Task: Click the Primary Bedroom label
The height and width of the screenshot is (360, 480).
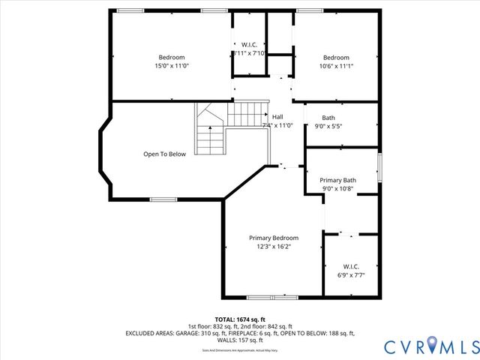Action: (x=273, y=238)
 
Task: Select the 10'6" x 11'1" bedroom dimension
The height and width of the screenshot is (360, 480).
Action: (x=336, y=67)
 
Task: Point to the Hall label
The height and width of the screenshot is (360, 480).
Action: (x=277, y=117)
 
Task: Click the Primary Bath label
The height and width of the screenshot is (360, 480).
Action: (x=337, y=180)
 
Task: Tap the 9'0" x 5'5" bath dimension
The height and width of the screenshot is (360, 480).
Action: (x=328, y=126)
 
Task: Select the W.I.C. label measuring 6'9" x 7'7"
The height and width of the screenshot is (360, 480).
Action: (x=351, y=266)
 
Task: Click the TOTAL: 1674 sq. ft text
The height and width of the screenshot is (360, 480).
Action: (x=240, y=319)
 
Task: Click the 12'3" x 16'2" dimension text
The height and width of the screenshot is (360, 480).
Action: (x=273, y=246)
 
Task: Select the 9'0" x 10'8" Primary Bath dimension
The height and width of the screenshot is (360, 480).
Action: (x=337, y=189)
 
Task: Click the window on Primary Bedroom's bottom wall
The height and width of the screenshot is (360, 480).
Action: (x=262, y=298)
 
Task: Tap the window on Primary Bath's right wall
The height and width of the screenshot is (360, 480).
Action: (x=379, y=167)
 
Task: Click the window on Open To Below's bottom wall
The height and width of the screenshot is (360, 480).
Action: (x=163, y=199)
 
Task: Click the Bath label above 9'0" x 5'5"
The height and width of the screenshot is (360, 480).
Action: (x=328, y=118)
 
